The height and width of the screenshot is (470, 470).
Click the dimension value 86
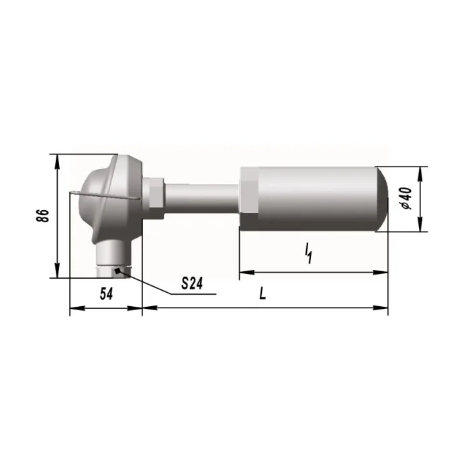(x=42, y=216)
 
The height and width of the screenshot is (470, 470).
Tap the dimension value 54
(x=106, y=294)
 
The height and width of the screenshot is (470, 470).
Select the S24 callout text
(x=192, y=283)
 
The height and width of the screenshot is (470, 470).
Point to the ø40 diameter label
(x=406, y=199)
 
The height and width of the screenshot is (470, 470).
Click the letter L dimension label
(x=263, y=293)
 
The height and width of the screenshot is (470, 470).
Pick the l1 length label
(x=308, y=254)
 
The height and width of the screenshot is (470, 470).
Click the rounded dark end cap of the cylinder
(x=383, y=199)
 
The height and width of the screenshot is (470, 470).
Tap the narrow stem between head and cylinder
(x=201, y=199)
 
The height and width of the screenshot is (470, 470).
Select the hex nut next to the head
(x=153, y=198)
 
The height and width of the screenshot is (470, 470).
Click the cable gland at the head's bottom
(x=114, y=260)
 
